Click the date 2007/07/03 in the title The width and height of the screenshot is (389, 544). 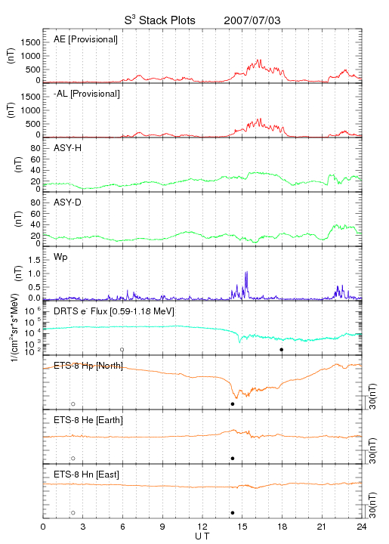click(252, 20)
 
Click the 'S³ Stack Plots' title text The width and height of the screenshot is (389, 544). click(159, 20)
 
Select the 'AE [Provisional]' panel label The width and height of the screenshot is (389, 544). click(85, 39)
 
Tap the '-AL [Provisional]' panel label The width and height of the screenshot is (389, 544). click(87, 94)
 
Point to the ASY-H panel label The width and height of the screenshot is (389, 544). click(68, 148)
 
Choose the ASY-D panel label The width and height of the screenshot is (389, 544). click(68, 202)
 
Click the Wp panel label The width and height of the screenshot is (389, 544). click(60, 258)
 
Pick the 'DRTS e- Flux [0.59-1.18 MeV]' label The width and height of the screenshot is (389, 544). click(114, 311)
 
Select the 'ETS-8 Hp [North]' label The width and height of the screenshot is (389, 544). click(88, 366)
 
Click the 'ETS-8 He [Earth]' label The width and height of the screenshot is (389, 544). click(88, 420)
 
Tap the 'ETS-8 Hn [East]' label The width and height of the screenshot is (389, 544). click(86, 474)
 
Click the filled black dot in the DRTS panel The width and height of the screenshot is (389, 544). click(282, 350)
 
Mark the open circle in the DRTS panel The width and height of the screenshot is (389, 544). click(122, 350)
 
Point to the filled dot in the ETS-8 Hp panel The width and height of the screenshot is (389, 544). click(233, 403)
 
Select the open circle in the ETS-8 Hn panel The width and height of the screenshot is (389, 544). click(73, 513)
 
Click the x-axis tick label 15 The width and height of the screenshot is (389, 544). click(242, 527)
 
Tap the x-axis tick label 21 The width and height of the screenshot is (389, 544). click(322, 527)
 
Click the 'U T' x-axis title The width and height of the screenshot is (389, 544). click(202, 536)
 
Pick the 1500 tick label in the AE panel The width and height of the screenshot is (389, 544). click(30, 42)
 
